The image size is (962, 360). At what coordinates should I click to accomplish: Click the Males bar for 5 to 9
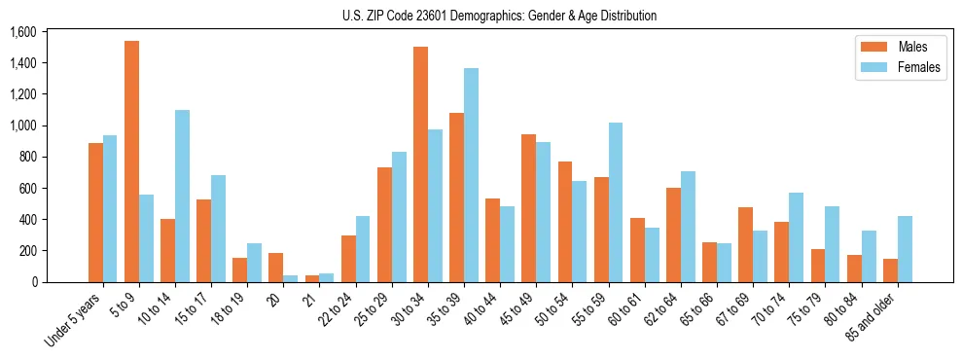131,162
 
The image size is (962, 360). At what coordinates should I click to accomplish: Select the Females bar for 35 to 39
471,175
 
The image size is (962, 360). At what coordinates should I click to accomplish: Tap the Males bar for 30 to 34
420,164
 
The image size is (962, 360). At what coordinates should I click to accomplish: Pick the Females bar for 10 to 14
182,196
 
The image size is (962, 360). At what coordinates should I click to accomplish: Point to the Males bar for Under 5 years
95,212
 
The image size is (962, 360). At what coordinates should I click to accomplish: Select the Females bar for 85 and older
905,249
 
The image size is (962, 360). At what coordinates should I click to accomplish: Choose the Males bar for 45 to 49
529,208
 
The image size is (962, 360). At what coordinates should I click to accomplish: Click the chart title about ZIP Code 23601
499,16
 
